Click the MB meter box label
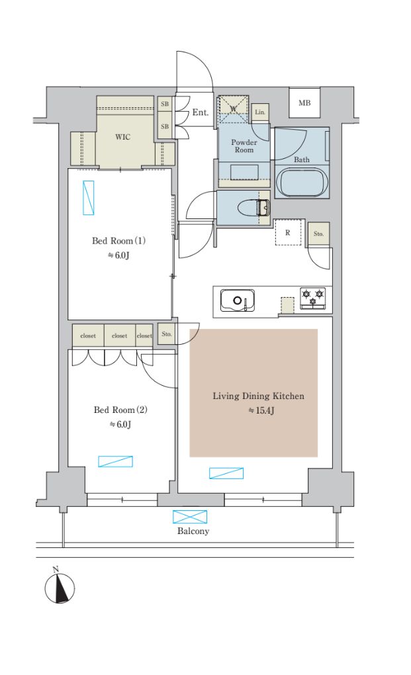[304, 103]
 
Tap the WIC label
[122, 137]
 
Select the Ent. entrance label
[200, 112]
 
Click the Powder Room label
[244, 146]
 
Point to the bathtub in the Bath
[302, 182]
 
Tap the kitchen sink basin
[237, 300]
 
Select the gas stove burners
[313, 298]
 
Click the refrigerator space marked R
[287, 232]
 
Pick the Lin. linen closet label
[260, 112]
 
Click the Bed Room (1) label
[118, 241]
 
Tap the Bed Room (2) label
[120, 410]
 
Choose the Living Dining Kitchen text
[258, 396]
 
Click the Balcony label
[193, 531]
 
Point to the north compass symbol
[60, 586]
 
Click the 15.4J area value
[261, 410]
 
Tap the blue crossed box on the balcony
[190, 517]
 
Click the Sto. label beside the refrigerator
[318, 234]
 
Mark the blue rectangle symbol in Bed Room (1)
[88, 198]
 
